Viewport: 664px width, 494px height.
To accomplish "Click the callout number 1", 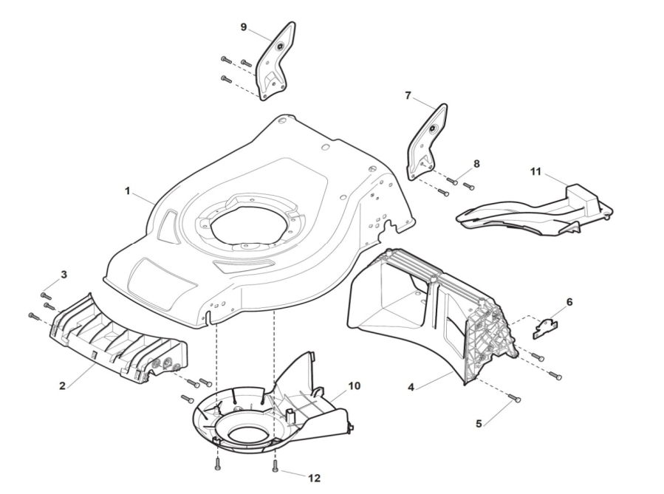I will point(127,191).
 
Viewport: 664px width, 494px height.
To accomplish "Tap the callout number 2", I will point(64,385).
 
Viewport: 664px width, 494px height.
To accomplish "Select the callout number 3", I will point(64,275).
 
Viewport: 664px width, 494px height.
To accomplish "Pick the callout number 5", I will point(479,424).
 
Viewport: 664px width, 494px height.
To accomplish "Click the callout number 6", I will point(569,302).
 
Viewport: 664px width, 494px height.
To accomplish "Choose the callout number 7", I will point(407,95).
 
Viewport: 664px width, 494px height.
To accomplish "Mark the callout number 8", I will point(476,163).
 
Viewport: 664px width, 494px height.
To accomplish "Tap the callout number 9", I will point(244,27).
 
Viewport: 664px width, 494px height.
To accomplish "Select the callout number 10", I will point(354,385).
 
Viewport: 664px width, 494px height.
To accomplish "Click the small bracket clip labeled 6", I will point(545,327).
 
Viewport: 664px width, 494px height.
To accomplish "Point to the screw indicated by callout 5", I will point(516,399).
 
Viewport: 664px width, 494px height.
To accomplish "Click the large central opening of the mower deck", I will point(247,221).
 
